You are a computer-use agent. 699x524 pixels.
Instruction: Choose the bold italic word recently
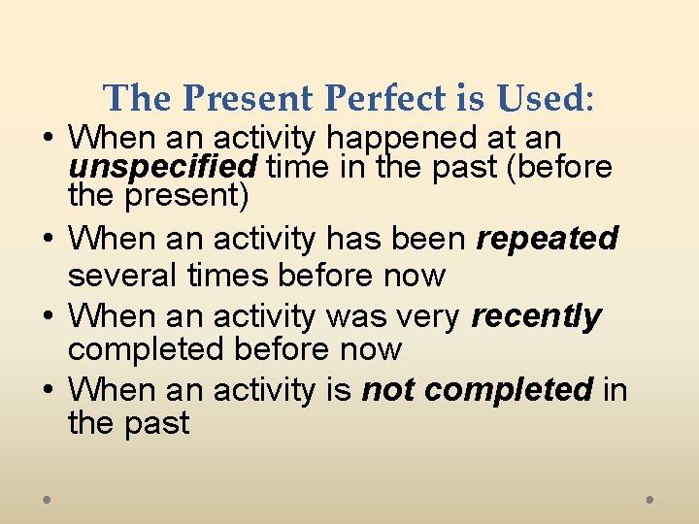(536, 316)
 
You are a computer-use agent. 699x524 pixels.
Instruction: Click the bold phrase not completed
(477, 390)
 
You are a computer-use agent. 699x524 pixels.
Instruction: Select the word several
(117, 276)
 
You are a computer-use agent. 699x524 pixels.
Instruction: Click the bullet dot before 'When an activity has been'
(48, 238)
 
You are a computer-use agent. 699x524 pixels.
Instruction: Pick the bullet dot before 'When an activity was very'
(48, 315)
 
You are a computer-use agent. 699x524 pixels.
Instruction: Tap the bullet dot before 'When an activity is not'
(48, 389)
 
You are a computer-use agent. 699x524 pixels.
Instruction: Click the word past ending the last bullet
(156, 423)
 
